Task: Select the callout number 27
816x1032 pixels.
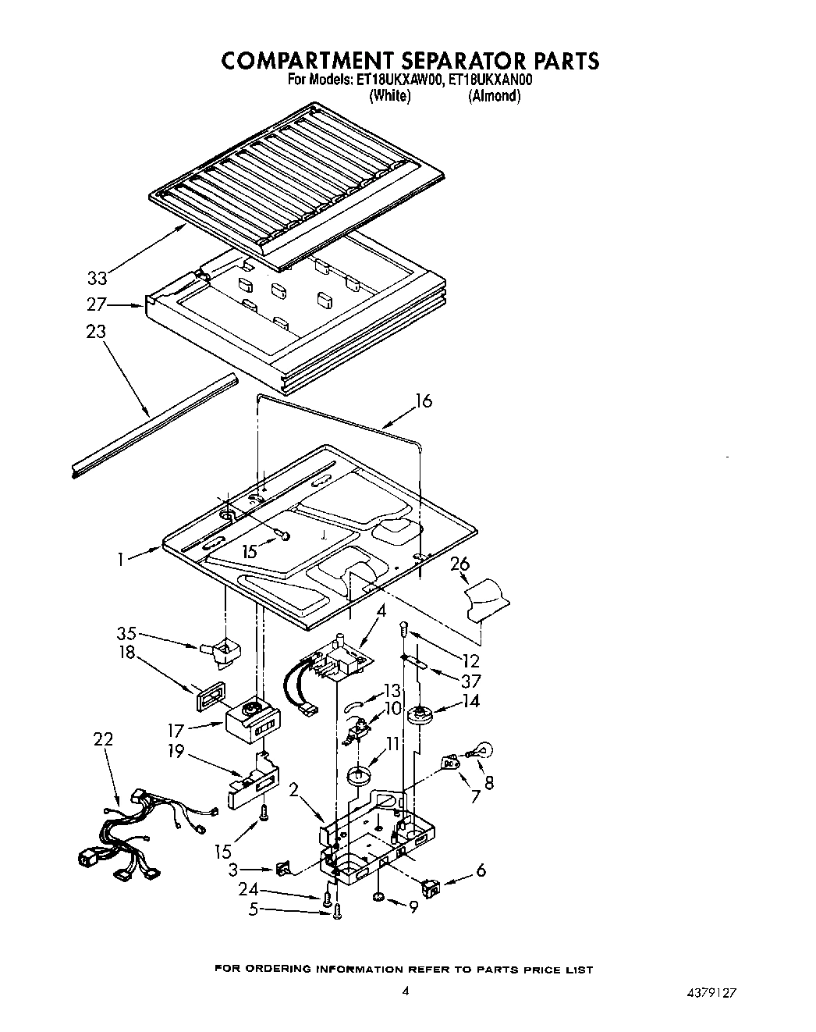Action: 97,304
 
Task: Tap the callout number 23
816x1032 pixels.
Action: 95,332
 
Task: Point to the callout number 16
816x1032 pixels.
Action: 423,401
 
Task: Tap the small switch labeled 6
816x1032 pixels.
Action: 430,885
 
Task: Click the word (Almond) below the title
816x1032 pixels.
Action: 494,96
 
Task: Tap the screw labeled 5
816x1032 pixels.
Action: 337,910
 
